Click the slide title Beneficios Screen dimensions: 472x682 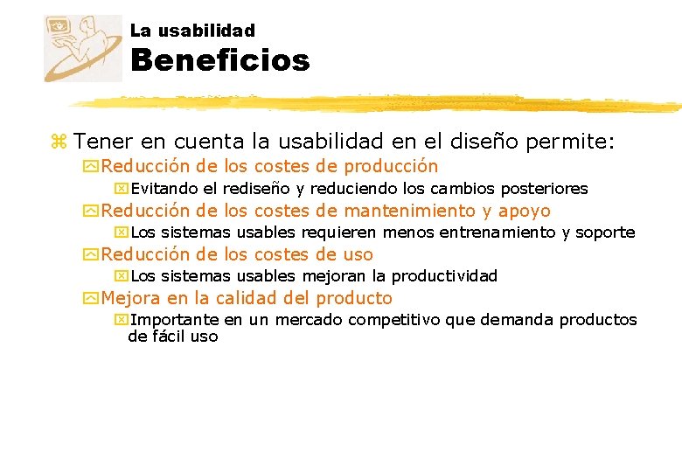click(220, 61)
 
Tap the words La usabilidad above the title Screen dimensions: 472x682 click(192, 31)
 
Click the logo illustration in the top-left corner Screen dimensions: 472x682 click(83, 48)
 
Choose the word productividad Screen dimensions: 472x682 click(443, 276)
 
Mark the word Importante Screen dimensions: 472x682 click(175, 320)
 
